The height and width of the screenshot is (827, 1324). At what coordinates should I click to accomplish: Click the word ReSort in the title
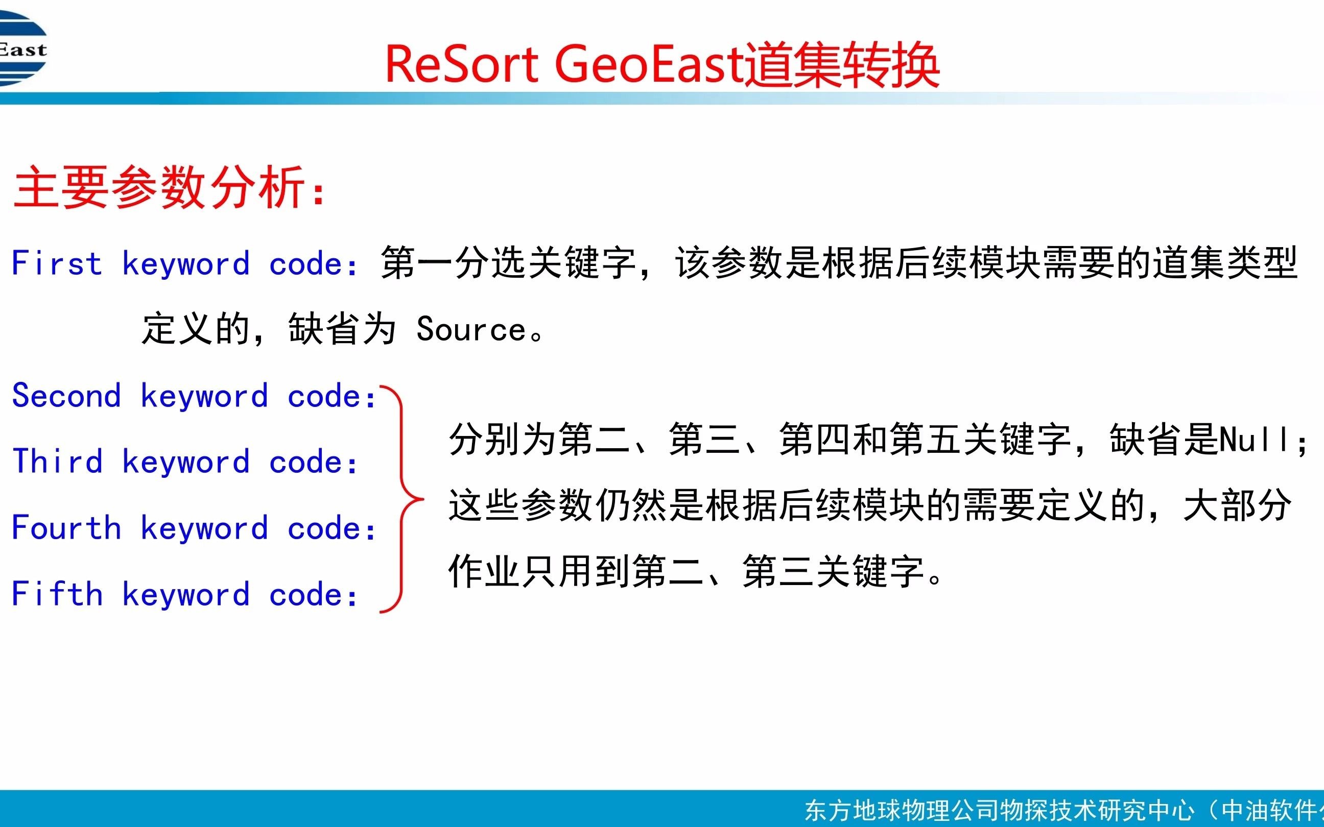coord(462,64)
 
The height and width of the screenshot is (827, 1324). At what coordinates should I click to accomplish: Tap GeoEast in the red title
coord(649,64)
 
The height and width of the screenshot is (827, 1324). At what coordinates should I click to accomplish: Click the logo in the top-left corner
coord(23,49)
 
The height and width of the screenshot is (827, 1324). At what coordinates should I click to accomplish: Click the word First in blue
coord(57,263)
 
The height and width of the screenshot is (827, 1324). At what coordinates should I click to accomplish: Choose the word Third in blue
coord(57,461)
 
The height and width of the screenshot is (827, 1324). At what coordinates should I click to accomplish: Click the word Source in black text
coord(471,329)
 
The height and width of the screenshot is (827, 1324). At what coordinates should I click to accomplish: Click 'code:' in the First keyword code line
coord(314,263)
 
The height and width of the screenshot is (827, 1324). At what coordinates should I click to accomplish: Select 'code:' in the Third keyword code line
coord(314,461)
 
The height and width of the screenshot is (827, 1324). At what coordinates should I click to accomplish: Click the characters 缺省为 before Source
coord(342,329)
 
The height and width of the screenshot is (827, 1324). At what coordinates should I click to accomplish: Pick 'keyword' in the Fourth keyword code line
coord(205,528)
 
